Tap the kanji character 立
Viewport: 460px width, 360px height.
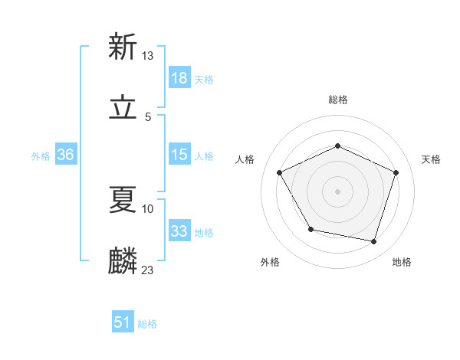[123, 108]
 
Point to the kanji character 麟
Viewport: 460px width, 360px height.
[123, 260]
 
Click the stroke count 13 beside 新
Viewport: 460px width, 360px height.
[148, 55]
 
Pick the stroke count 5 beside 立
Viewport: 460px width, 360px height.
[148, 116]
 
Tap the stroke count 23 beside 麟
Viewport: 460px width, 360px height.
[148, 270]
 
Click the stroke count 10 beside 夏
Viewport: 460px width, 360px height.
[148, 208]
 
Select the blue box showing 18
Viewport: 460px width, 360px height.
[179, 78]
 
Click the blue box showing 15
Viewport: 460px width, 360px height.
[179, 155]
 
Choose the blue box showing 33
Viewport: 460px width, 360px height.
[179, 231]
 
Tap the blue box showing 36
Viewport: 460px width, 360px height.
[66, 155]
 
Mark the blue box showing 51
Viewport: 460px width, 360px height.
[123, 322]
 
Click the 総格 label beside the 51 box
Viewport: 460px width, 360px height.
[147, 324]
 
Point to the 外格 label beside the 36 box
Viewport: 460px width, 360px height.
[41, 156]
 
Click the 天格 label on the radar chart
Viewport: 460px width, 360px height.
[431, 159]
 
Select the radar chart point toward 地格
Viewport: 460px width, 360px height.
[374, 242]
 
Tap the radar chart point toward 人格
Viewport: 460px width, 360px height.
[280, 172]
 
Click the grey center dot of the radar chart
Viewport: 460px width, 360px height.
[337, 191]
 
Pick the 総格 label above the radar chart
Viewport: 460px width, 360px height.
[337, 100]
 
